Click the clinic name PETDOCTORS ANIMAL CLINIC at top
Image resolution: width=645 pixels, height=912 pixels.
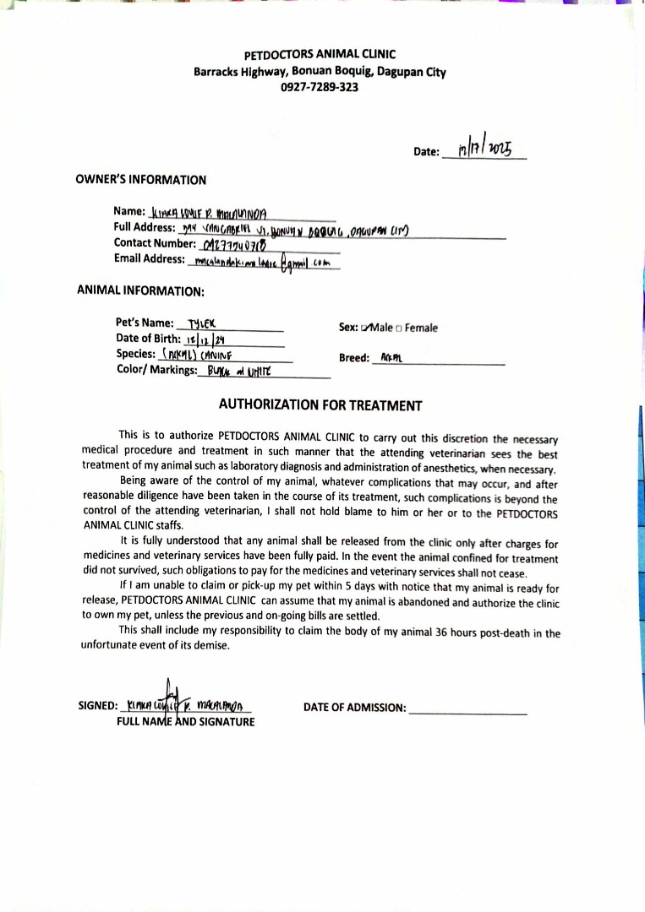(x=320, y=55)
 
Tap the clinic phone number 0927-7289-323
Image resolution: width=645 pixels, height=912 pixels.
(x=320, y=86)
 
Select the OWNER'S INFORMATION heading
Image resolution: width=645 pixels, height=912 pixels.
(x=140, y=180)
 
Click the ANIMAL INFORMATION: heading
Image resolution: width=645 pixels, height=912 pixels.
(x=140, y=290)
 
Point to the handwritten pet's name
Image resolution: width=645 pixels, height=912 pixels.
(x=202, y=323)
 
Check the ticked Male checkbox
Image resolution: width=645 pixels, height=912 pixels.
(x=365, y=328)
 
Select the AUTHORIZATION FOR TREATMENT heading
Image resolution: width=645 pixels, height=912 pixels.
(x=320, y=405)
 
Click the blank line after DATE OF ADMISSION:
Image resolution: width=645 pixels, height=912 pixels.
(x=467, y=708)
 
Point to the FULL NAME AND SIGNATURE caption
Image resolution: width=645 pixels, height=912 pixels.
(x=185, y=722)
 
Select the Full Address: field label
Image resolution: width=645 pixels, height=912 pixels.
(x=145, y=227)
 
